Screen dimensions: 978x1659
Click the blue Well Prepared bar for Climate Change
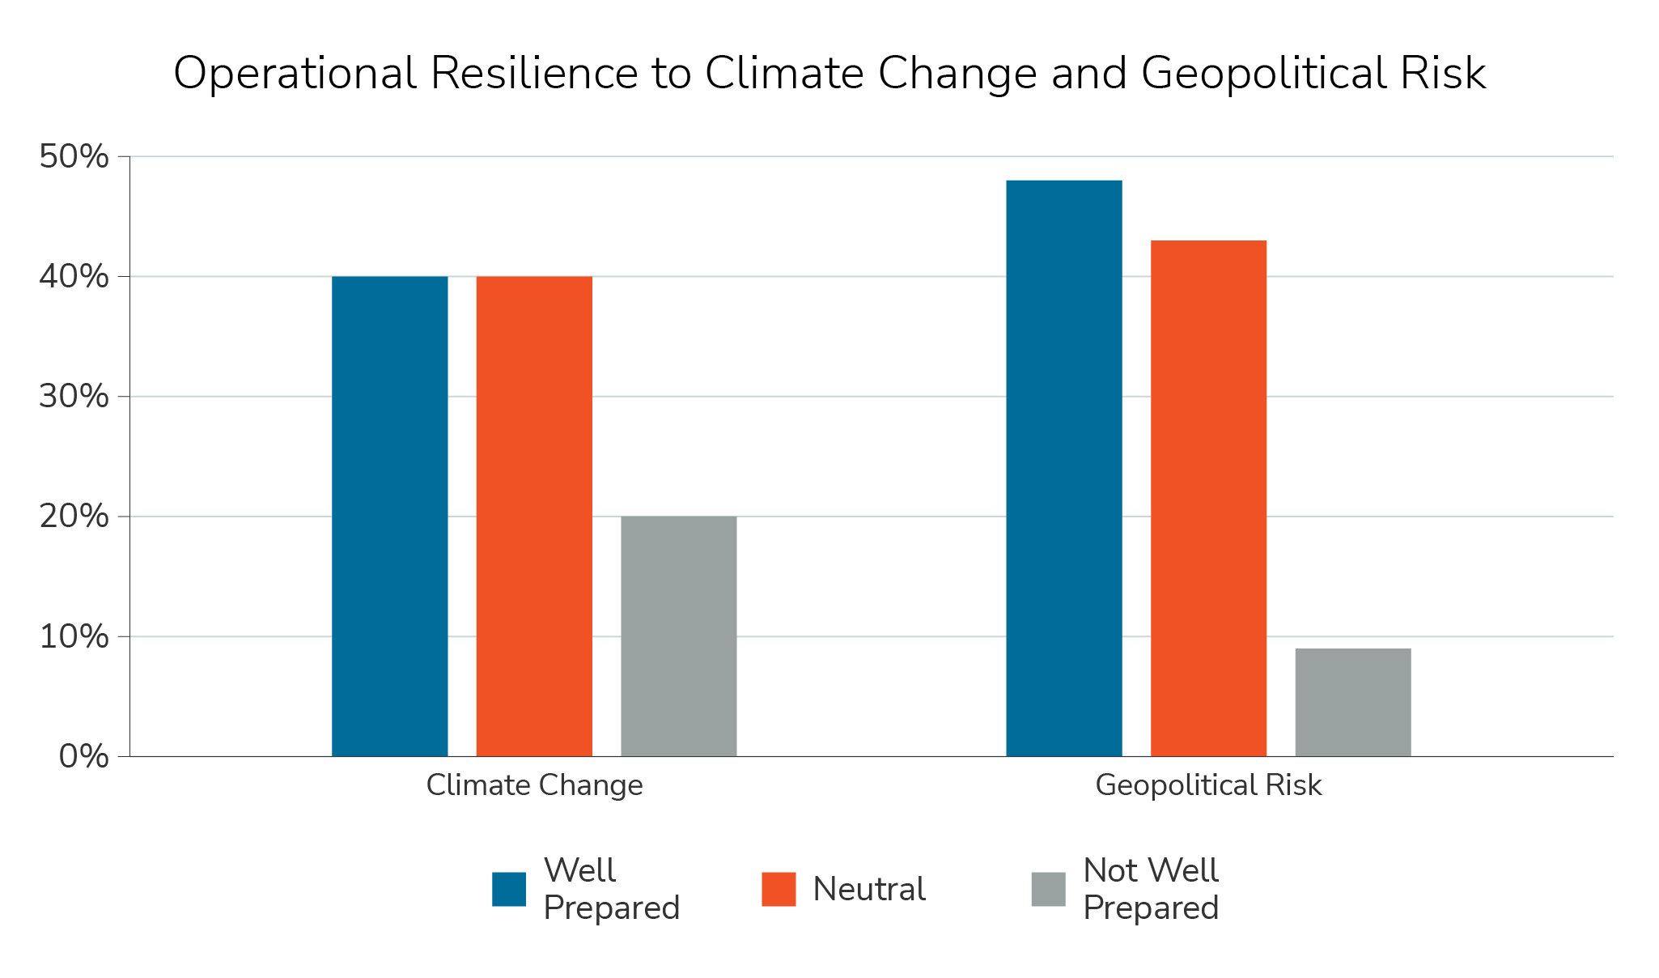[x=389, y=517]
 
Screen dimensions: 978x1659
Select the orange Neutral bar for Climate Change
[x=534, y=517]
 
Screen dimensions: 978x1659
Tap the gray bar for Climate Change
[x=678, y=636]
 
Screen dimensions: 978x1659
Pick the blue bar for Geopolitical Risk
[x=1063, y=468]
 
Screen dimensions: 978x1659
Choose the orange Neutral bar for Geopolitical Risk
[x=1208, y=498]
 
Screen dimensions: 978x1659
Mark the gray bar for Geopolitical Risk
[x=1352, y=702]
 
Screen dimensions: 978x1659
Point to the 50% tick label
[x=74, y=157]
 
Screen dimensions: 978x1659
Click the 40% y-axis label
[x=74, y=277]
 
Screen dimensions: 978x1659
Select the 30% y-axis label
[x=74, y=397]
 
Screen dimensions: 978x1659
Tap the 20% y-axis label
[x=74, y=517]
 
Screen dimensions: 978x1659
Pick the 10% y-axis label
[x=74, y=636]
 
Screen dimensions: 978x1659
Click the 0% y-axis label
[x=83, y=756]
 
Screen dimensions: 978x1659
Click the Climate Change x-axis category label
[x=534, y=785]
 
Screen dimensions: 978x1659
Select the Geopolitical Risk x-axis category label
[x=1208, y=785]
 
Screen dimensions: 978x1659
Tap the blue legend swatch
[x=509, y=889]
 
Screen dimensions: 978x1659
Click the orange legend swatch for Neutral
[x=779, y=889]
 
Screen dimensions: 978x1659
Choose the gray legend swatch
[x=1048, y=889]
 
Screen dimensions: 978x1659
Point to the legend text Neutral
[x=868, y=889]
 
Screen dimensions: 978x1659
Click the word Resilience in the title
[x=534, y=74]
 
